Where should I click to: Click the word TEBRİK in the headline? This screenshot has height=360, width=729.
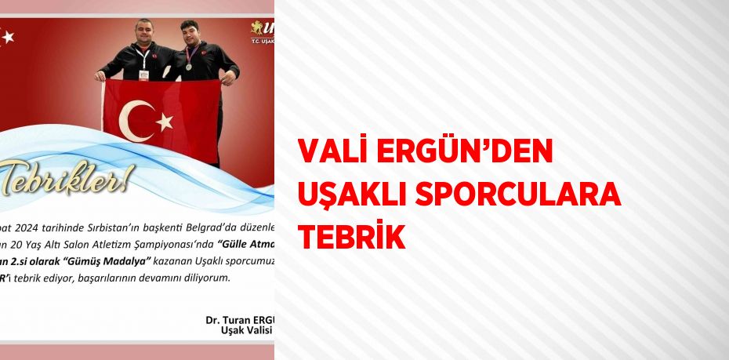(x=351, y=236)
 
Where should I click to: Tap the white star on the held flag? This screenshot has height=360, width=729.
(x=165, y=121)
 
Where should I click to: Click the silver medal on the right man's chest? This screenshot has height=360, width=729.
(x=189, y=67)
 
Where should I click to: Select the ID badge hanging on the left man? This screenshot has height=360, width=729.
(x=143, y=75)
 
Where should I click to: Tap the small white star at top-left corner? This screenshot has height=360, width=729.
(x=8, y=36)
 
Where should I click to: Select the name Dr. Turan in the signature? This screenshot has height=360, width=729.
(x=226, y=320)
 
